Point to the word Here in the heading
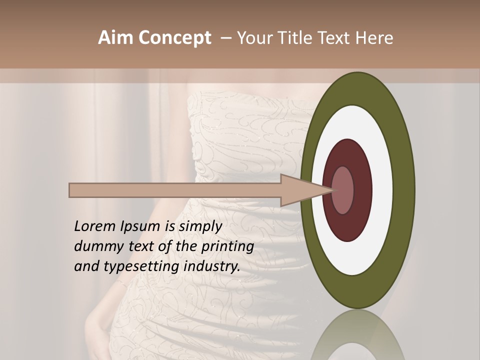pos(372,38)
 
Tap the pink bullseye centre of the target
pos(342,190)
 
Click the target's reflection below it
pos(358,337)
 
